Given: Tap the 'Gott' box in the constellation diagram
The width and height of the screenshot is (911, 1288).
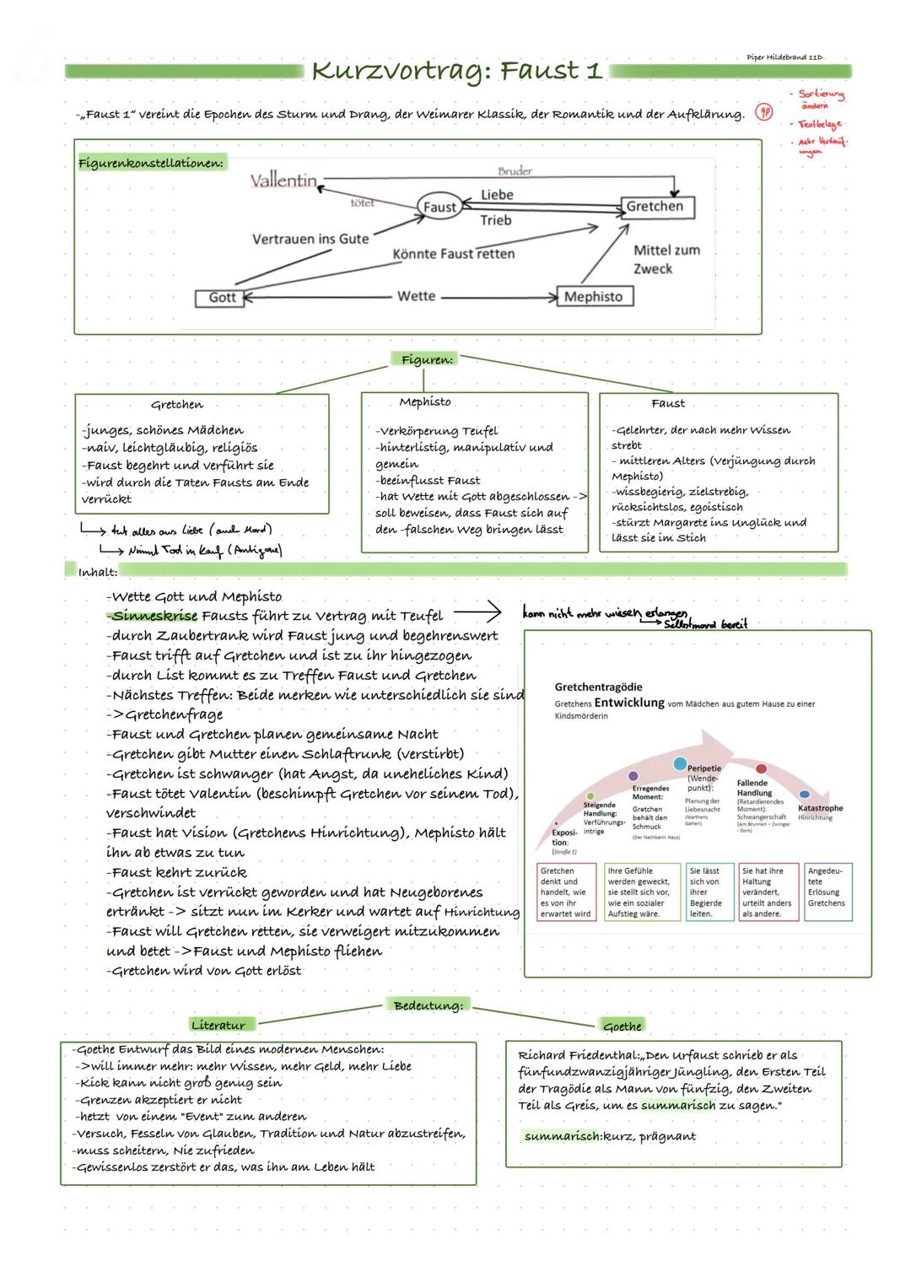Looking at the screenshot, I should pyautogui.click(x=222, y=297).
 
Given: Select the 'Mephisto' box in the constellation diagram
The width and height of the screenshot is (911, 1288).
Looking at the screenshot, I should pyautogui.click(x=594, y=296).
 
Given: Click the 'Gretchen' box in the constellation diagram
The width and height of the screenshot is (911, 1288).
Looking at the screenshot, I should pyautogui.click(x=655, y=207).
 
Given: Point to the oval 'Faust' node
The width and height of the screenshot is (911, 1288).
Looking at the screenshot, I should pyautogui.click(x=439, y=207).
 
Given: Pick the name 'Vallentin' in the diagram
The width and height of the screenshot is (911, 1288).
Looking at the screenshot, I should pyautogui.click(x=283, y=181).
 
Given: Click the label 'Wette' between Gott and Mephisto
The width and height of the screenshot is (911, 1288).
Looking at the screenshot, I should pyautogui.click(x=417, y=296).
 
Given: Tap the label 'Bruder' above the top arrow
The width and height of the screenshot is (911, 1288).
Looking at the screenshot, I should pyautogui.click(x=515, y=171).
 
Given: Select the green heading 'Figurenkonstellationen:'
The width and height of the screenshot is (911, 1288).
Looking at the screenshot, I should pyautogui.click(x=151, y=163).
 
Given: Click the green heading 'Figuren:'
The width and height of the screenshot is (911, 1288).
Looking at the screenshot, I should pyautogui.click(x=427, y=359).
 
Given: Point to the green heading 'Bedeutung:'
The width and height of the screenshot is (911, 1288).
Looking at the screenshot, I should pyautogui.click(x=429, y=1005).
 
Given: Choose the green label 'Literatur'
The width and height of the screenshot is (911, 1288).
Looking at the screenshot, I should pyautogui.click(x=218, y=1025).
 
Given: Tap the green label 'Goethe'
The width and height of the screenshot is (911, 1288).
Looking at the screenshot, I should pyautogui.click(x=623, y=1026).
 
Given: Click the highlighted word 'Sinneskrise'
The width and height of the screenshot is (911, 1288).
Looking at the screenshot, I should pyautogui.click(x=155, y=616).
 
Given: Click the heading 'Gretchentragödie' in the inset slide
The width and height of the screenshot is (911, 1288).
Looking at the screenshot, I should pyautogui.click(x=598, y=687).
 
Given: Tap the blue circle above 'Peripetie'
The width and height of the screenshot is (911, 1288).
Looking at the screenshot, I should pyautogui.click(x=680, y=763).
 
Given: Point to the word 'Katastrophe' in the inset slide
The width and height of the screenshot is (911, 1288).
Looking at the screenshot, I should pyautogui.click(x=820, y=808).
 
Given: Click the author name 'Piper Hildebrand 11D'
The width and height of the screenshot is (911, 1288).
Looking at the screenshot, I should pyautogui.click(x=784, y=57).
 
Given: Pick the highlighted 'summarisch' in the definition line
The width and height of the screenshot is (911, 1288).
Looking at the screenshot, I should pyautogui.click(x=562, y=1136).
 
